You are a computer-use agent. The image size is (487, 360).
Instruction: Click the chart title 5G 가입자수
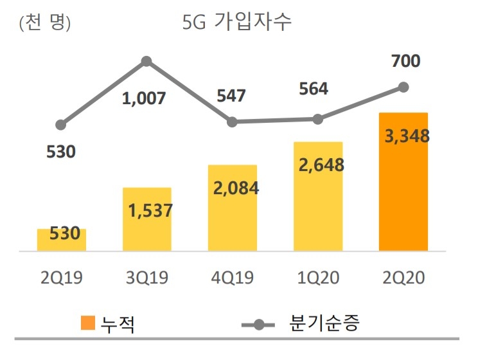pyautogui.click(x=238, y=22)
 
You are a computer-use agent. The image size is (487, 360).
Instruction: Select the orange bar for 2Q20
pyautogui.click(x=403, y=183)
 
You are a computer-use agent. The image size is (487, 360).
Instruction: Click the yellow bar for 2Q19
pyautogui.click(x=62, y=240)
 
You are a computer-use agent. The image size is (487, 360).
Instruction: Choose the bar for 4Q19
pyautogui.click(x=233, y=209)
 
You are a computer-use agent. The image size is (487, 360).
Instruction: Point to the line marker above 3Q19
pyautogui.click(x=146, y=61)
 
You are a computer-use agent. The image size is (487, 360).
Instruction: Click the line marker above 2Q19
pyautogui.click(x=61, y=124)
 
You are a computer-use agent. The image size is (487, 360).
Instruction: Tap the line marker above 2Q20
pyautogui.click(x=403, y=87)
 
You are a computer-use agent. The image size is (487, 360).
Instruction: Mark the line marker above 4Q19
pyautogui.click(x=233, y=122)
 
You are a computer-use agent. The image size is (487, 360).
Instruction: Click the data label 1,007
pyautogui.click(x=144, y=98)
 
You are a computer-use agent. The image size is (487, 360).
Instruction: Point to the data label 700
pyautogui.click(x=405, y=61)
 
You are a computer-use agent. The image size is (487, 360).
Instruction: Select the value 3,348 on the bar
pyautogui.click(x=406, y=136)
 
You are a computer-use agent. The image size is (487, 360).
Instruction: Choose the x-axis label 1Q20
pyautogui.click(x=318, y=278)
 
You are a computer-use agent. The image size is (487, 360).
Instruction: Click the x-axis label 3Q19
pyautogui.click(x=146, y=278)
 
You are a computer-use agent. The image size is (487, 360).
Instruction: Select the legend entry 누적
pyautogui.click(x=109, y=323)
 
